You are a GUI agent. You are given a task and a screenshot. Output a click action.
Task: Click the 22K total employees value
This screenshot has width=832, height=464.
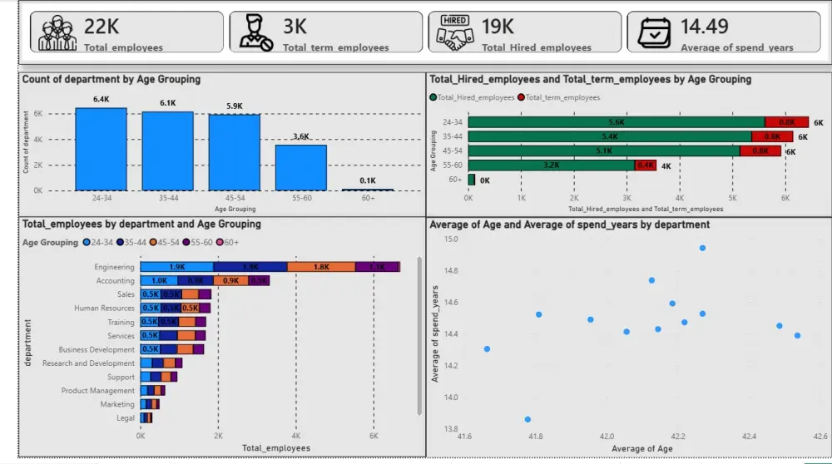[102, 27]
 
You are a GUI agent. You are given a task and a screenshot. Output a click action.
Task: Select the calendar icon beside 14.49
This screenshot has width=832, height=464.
[654, 32]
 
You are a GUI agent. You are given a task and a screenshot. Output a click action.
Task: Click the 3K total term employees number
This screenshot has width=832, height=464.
[295, 27]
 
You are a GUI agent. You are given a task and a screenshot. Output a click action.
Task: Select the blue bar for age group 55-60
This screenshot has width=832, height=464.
[301, 167]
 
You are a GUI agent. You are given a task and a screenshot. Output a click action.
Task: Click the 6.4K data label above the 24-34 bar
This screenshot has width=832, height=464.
[102, 100]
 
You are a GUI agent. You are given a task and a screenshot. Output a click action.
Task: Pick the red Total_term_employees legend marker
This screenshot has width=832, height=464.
[521, 97]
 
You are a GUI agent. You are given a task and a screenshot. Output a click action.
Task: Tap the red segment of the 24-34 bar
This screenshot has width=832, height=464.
[786, 121]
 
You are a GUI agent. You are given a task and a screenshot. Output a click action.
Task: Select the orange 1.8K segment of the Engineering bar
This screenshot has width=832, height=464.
[321, 267]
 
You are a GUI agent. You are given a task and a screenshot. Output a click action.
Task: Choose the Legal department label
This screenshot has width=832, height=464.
[126, 418]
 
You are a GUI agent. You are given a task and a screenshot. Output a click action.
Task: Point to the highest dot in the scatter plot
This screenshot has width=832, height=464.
[702, 248]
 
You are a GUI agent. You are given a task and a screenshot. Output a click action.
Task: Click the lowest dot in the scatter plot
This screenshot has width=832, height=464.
[527, 419]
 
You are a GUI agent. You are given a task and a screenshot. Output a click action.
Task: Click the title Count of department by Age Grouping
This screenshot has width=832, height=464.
[111, 80]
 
